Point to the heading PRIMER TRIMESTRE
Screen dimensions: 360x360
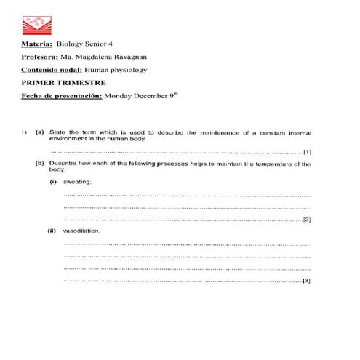(63, 82)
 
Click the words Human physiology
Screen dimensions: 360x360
(116, 70)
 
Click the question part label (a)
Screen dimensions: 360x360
(39, 133)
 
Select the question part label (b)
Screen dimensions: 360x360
(39, 164)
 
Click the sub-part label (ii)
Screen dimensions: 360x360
(52, 231)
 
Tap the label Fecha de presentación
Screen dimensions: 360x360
(62, 95)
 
